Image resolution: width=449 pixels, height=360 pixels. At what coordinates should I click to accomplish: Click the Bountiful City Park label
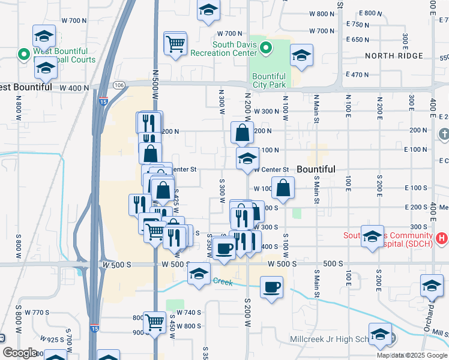tap(268, 80)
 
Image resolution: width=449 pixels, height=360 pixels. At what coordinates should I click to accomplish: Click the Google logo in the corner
tap(20, 353)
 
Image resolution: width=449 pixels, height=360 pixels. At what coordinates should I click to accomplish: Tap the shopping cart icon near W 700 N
tap(175, 43)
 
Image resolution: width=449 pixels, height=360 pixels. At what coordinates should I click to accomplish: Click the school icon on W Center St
tap(247, 160)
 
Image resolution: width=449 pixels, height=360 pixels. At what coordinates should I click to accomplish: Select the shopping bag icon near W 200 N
tap(241, 133)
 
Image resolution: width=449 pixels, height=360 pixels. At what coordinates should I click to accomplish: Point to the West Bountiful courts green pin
tap(25, 55)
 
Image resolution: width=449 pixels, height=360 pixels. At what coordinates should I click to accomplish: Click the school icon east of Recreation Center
tap(301, 56)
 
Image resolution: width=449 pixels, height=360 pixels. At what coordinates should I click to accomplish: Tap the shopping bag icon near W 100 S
tap(283, 187)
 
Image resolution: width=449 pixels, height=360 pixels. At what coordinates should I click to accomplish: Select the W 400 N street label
tap(74, 88)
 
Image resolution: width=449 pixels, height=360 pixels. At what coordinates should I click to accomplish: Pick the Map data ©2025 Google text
tap(412, 355)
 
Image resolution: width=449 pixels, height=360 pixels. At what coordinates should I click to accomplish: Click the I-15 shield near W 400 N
tap(103, 97)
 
